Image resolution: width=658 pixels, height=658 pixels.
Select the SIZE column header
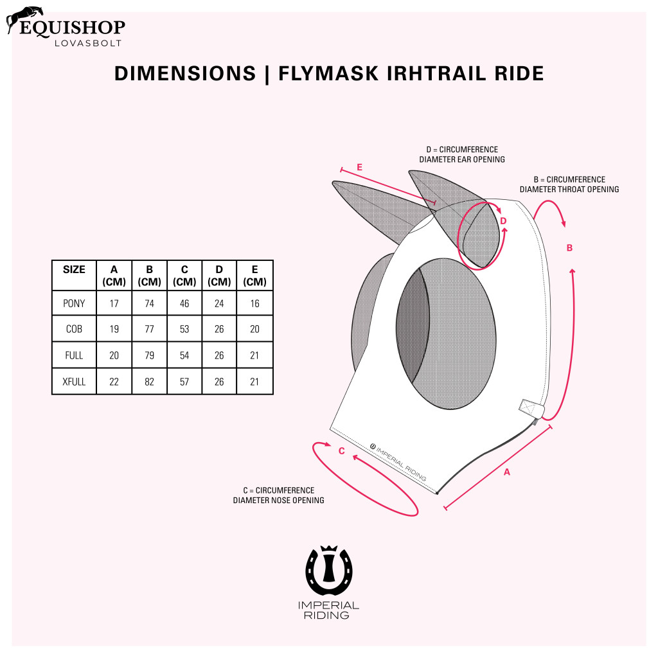point(74,270)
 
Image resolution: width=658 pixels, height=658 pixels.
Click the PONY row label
point(74,303)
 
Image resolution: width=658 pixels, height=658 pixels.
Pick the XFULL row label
point(74,382)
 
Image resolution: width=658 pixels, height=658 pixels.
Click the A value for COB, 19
point(114,330)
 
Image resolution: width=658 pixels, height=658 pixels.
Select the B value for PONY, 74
point(150,303)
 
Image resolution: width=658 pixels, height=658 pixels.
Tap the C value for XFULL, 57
point(185,382)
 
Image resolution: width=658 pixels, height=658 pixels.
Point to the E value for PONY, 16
point(255,303)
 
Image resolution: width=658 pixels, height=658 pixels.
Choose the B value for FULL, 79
point(150,355)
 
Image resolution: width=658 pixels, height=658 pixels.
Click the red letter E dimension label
point(359,168)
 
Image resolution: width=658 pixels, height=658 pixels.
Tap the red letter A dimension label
point(506,472)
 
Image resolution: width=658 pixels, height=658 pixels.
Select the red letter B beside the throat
point(569,248)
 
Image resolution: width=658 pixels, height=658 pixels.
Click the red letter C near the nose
point(342,451)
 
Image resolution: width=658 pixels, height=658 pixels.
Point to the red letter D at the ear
point(503,221)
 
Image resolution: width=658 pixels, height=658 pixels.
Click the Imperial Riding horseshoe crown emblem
point(329,571)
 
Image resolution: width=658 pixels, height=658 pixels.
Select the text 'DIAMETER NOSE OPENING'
point(278,500)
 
